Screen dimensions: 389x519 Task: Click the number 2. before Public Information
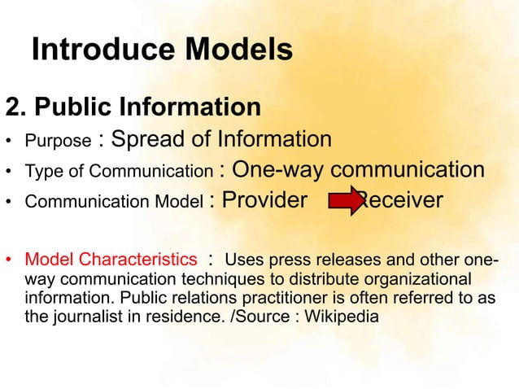click(x=17, y=107)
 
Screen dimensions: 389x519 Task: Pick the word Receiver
click(x=403, y=200)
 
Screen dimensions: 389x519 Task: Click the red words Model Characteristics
click(x=111, y=260)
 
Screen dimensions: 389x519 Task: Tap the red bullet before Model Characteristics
click(x=10, y=261)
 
